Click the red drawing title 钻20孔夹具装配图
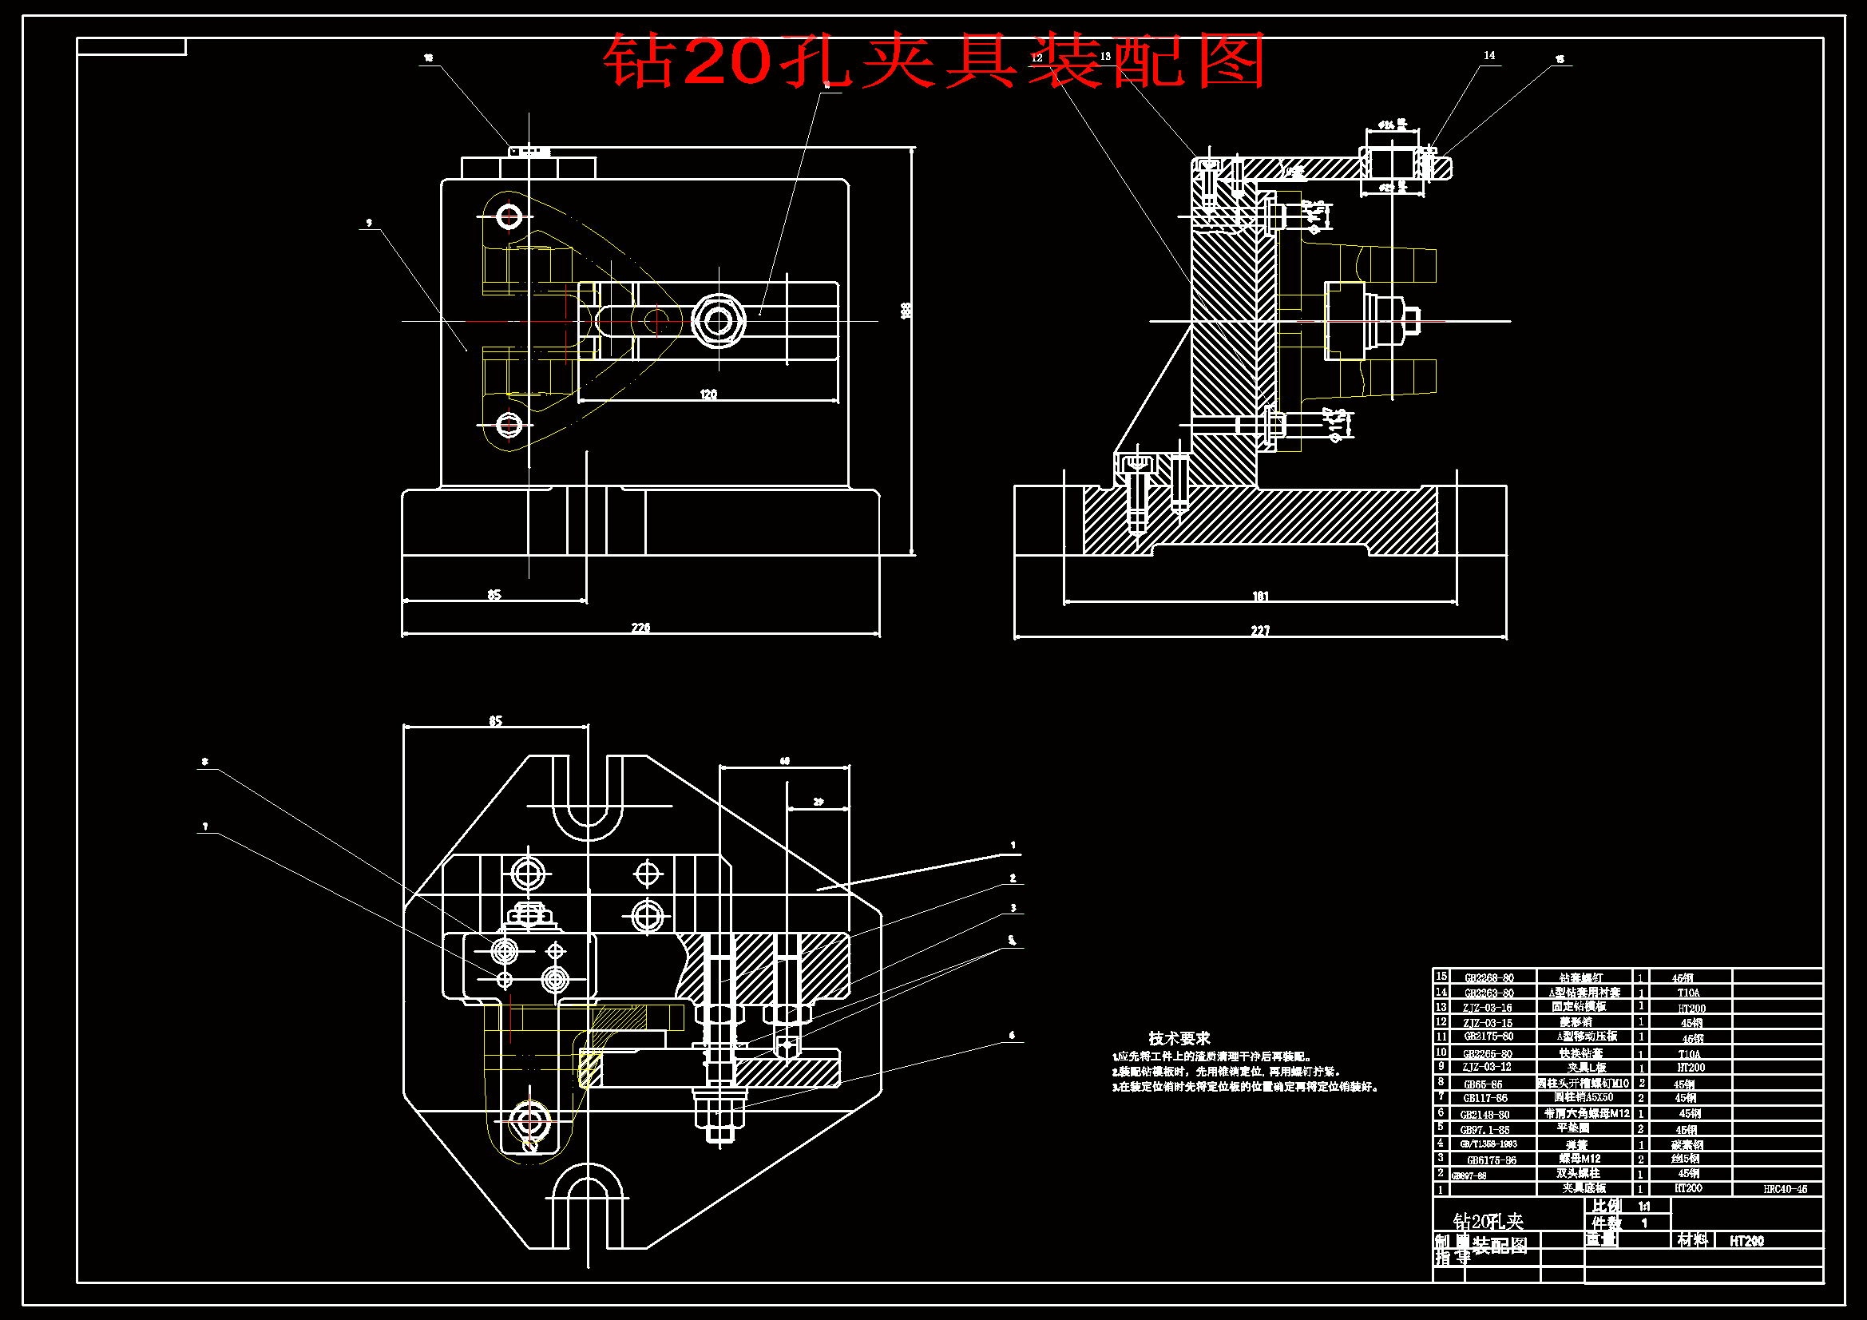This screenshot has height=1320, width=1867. pos(933,61)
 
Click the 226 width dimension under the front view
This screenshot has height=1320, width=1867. pos(640,627)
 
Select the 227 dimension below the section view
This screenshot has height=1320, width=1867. pos(1259,630)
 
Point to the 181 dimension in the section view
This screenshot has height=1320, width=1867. pos(1259,597)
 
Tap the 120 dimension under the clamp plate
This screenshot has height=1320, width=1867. pos(708,394)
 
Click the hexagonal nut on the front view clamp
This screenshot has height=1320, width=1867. pos(718,320)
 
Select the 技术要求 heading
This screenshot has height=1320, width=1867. pos(1179,1038)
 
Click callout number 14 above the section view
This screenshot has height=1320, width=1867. pos(1488,55)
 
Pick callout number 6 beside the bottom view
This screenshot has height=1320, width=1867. pos(1012,1036)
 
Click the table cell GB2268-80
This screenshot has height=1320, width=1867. pos(1488,977)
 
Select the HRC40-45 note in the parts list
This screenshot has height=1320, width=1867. pos(1785,1189)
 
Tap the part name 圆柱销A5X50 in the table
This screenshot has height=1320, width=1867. pos(1584,1097)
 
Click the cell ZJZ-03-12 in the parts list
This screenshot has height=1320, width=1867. pos(1486,1066)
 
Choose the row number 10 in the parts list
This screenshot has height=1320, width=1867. pos(1441,1052)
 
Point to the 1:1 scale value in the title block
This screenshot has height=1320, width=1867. pos(1643,1207)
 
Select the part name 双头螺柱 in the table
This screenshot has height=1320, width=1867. pos(1577,1174)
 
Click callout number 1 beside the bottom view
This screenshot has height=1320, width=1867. pos(1013,845)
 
